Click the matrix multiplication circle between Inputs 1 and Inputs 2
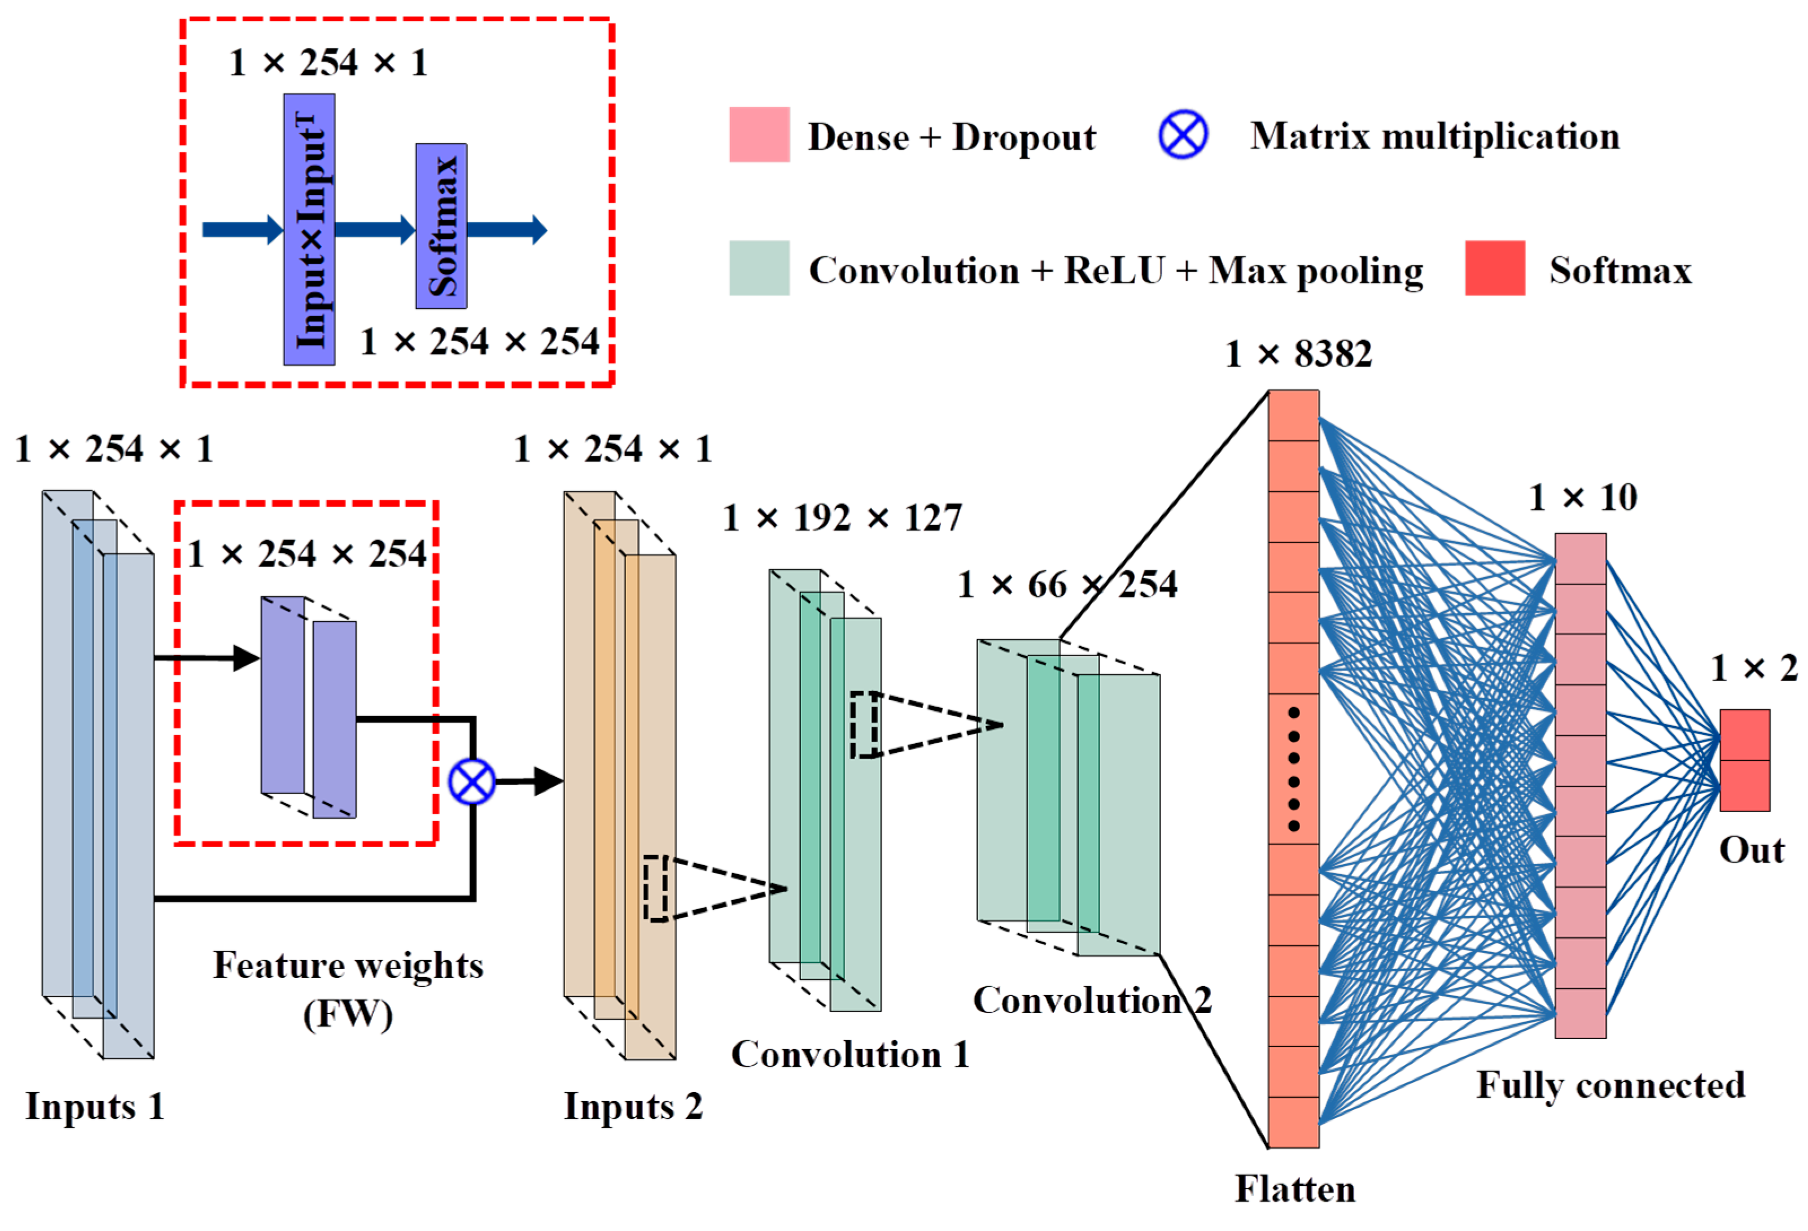pos(472,782)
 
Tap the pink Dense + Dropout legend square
pos(759,134)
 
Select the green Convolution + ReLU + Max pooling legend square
pos(759,268)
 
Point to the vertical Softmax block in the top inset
pos(441,226)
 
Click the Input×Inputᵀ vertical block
pos(309,230)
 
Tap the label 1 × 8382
pos(1298,354)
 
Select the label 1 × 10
pos(1582,497)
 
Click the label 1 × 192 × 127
pos(843,517)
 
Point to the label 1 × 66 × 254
pos(1067,584)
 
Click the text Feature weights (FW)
pos(348,988)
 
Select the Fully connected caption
pos(1610,1085)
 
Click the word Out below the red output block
pos(1751,850)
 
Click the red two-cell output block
pos(1744,760)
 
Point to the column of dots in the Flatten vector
pos(1293,769)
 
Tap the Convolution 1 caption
pos(850,1054)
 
